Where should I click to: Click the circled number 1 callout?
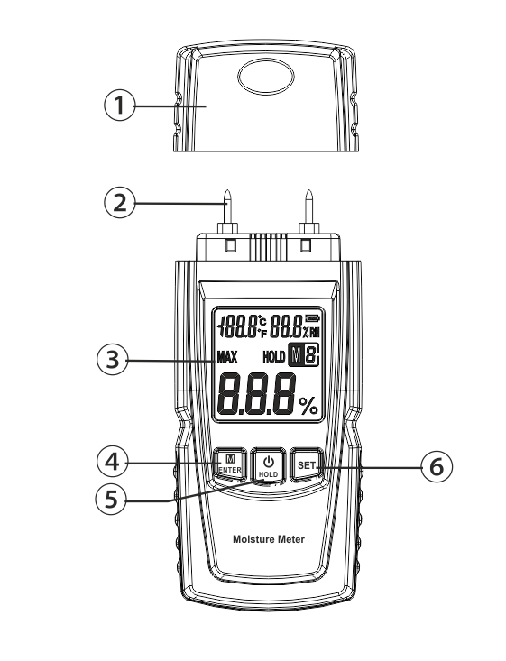tap(120, 106)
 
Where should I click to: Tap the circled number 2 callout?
tap(120, 202)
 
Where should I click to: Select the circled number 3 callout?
tap(112, 360)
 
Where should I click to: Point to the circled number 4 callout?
tap(112, 462)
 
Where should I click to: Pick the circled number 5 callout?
tap(110, 499)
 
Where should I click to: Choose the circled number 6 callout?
tap(437, 466)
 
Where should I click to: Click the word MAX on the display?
tap(227, 357)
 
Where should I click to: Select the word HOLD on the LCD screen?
tap(273, 357)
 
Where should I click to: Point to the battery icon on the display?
tap(313, 317)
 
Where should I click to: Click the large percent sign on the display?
tap(308, 406)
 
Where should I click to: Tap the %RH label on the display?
tap(311, 333)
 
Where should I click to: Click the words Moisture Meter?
tap(269, 539)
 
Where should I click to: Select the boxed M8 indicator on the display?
tap(304, 355)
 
